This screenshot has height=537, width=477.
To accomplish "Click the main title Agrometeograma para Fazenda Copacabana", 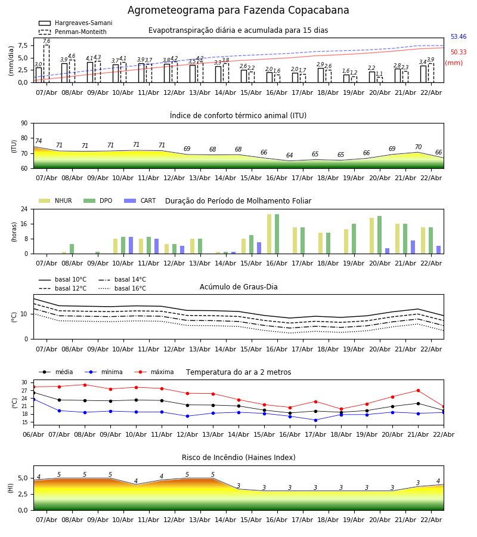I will coord(238,11).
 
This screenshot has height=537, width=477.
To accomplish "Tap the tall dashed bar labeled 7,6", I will coord(47,63).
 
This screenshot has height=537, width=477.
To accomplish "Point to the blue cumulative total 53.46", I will coord(459,37).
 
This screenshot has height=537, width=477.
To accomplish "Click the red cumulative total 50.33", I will coord(459,53).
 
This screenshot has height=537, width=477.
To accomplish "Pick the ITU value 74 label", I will coord(39,141).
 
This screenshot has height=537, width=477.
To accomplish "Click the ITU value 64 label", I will coord(290,156).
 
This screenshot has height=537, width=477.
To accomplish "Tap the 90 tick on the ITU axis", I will coord(24,124).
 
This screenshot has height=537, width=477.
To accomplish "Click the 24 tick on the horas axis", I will coord(24,209).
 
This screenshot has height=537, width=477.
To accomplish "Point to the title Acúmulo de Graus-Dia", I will coord(238,287).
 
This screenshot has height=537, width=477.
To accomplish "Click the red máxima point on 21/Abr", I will coord(418,391).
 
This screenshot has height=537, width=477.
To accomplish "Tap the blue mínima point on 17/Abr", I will coord(315,420).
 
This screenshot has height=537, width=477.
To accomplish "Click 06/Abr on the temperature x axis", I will coord(33,435).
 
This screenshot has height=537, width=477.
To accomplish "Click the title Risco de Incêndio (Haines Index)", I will coord(238,458).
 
